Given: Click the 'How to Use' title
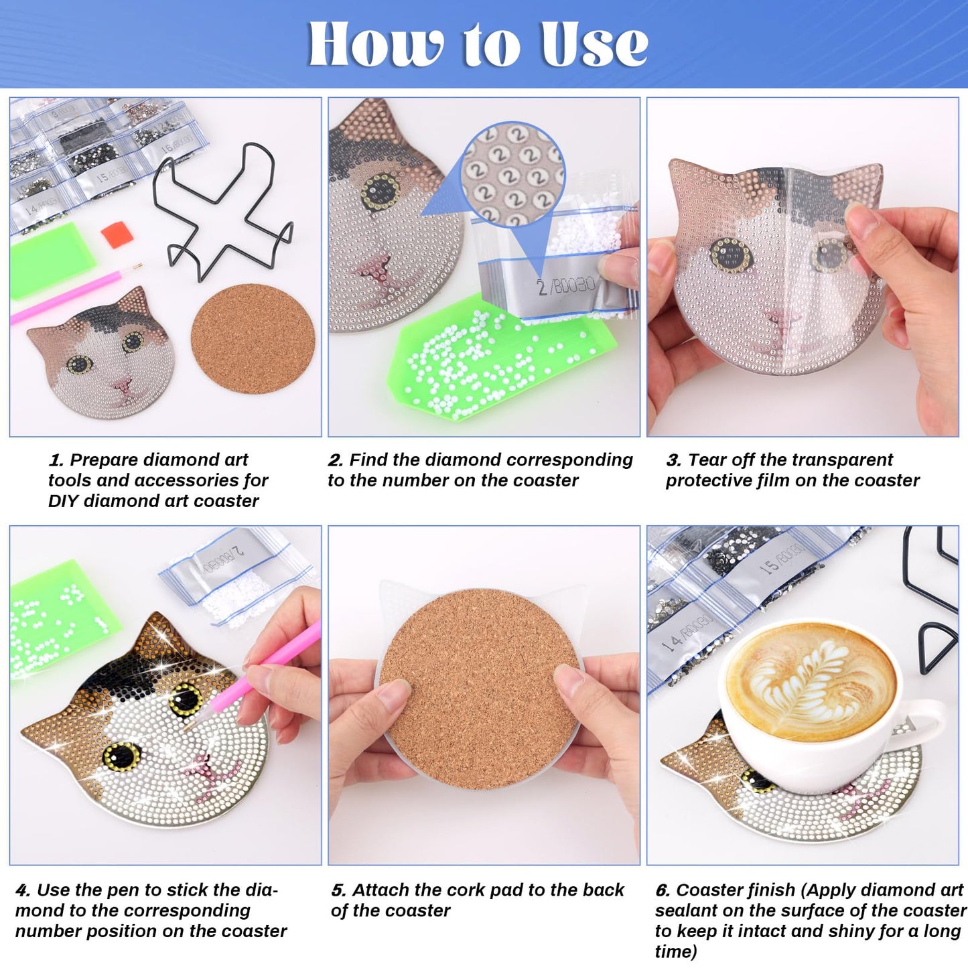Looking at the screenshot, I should (x=478, y=44).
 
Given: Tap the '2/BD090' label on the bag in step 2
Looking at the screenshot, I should (x=566, y=286).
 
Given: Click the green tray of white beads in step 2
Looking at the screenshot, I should (x=489, y=365).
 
